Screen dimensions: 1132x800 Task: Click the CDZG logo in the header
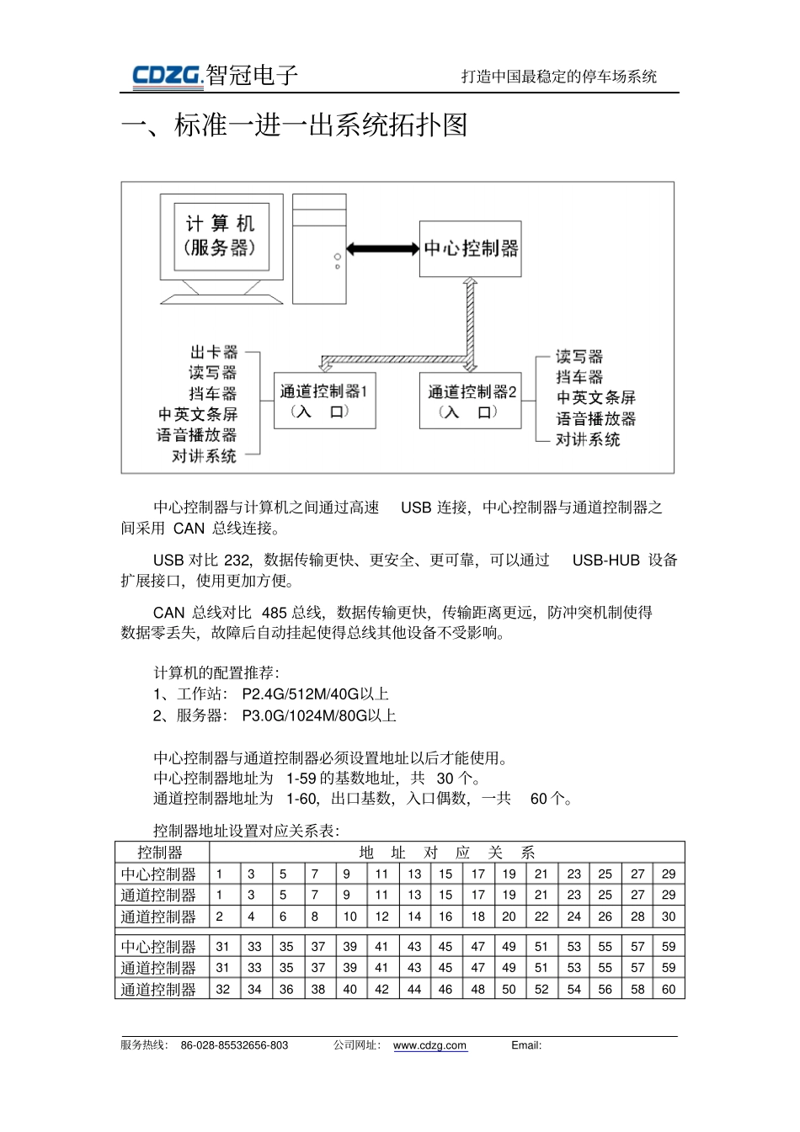tap(168, 76)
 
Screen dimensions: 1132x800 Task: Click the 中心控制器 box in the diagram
tap(470, 248)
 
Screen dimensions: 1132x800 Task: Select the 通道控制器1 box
tap(324, 401)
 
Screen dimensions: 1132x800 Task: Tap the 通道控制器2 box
tap(471, 401)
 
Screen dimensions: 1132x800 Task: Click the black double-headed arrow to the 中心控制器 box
tap(383, 249)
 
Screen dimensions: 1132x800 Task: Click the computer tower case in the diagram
tap(319, 248)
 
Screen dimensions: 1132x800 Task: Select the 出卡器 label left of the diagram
tap(214, 352)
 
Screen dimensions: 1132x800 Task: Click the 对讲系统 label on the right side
tap(588, 439)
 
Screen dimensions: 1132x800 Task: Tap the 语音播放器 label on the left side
tap(196, 435)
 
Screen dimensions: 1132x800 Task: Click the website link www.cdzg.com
tap(429, 1045)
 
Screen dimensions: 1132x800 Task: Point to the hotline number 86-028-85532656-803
tap(234, 1045)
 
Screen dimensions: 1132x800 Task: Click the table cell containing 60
tap(669, 989)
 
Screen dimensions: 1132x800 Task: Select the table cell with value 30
tap(669, 917)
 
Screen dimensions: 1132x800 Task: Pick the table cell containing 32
tap(222, 989)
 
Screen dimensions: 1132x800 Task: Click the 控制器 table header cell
tap(159, 852)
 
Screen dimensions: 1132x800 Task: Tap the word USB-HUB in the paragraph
tap(605, 560)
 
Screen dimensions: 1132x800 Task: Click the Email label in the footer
tap(525, 1045)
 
